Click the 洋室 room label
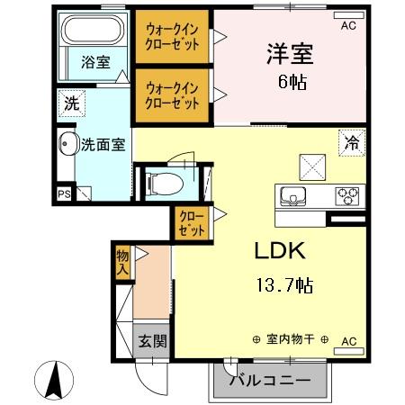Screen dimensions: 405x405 290,53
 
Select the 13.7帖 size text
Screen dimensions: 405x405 283,286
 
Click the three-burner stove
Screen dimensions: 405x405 346,194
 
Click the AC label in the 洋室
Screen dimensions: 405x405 348,26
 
